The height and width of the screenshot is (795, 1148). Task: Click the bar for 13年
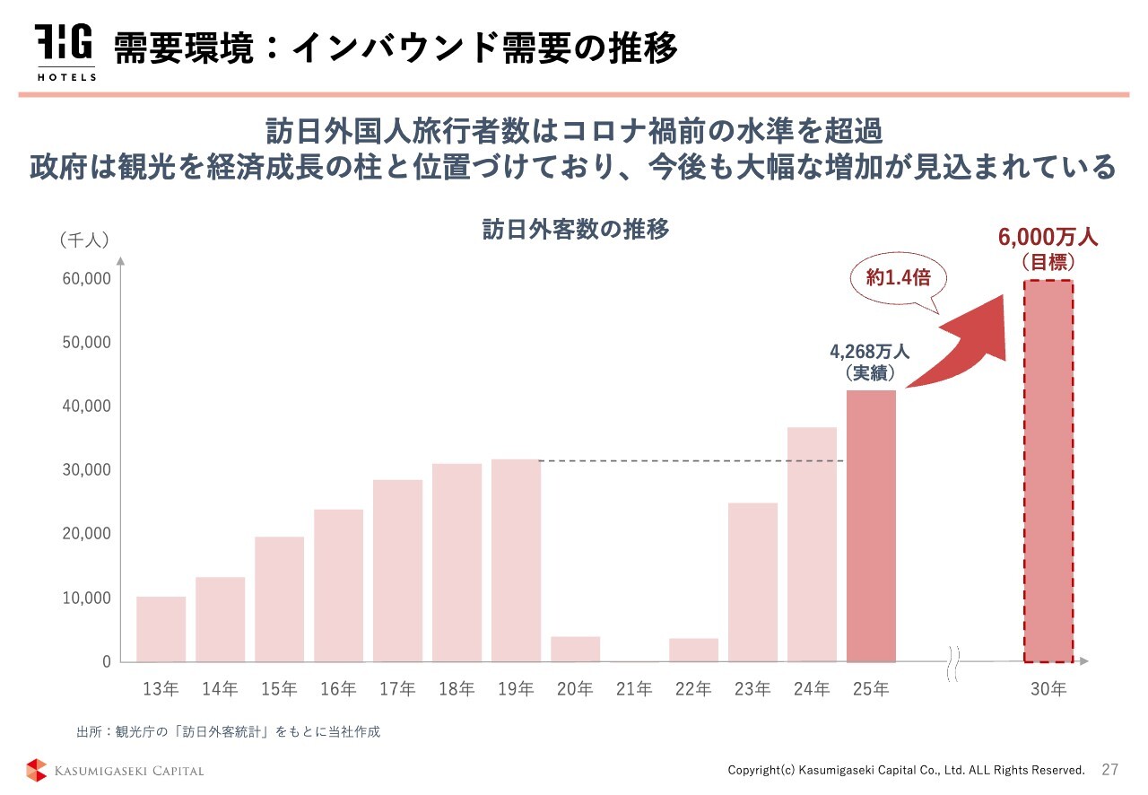[161, 629]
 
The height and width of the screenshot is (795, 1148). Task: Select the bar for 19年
[516, 560]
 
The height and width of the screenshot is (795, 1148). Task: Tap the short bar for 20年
[575, 649]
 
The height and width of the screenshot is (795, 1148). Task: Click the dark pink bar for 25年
[871, 526]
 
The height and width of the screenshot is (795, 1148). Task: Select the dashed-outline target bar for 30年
[1048, 471]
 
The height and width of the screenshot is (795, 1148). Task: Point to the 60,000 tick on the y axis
[86, 278]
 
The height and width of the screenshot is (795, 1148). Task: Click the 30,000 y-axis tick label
[86, 469]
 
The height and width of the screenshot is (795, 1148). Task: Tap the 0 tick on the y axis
[106, 661]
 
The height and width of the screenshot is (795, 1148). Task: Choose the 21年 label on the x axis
[634, 689]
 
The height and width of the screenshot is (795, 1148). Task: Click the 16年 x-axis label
[338, 689]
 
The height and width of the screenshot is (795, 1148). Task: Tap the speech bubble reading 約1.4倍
[898, 278]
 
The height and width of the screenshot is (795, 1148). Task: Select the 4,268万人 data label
[869, 352]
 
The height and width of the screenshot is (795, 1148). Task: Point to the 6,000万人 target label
[1048, 239]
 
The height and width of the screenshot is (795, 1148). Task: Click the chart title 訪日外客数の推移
[576, 229]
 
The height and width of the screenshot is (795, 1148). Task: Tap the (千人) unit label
[84, 240]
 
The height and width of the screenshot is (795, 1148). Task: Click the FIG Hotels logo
[65, 52]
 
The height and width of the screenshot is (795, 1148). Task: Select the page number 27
[1110, 770]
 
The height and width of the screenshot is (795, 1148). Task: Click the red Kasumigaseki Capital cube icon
[37, 770]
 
